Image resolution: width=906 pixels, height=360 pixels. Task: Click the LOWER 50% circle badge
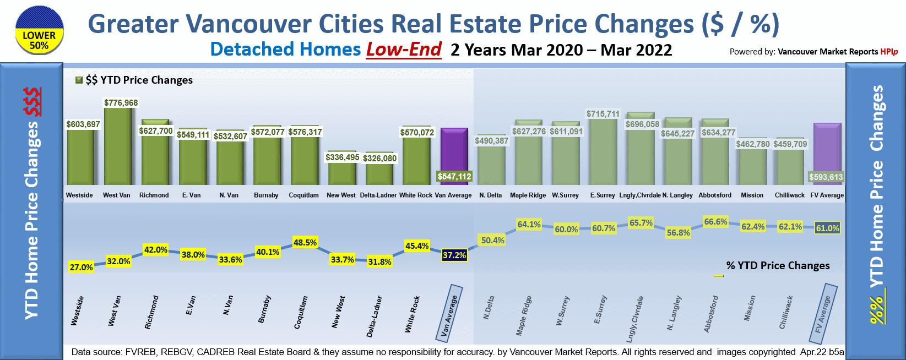tap(39, 30)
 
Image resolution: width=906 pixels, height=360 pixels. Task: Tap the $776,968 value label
tap(121, 103)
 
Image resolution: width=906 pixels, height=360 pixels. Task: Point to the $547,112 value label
tap(454, 176)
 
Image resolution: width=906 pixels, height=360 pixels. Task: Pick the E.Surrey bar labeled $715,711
tap(603, 152)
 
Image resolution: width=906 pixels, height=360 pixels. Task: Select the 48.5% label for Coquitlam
tap(305, 243)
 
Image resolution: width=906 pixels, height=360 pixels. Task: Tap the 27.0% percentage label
tap(81, 267)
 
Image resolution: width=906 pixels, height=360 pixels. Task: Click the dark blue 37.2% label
tap(454, 255)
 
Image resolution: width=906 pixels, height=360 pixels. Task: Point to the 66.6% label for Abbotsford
tap(715, 222)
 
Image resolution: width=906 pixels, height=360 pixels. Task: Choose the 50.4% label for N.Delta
tap(492, 241)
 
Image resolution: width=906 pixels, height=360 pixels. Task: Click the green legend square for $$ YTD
tap(79, 80)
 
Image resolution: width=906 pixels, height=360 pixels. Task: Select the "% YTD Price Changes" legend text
tap(778, 265)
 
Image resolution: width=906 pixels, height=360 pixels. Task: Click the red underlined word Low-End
tap(404, 50)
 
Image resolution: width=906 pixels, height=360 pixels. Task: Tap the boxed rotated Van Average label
tap(450, 312)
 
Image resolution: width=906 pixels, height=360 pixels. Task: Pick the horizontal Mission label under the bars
tap(752, 195)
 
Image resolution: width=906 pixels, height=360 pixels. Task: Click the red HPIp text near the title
tap(889, 52)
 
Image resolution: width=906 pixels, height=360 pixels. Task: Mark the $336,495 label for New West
tap(342, 157)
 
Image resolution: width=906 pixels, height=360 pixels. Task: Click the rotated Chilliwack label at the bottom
tap(786, 313)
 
